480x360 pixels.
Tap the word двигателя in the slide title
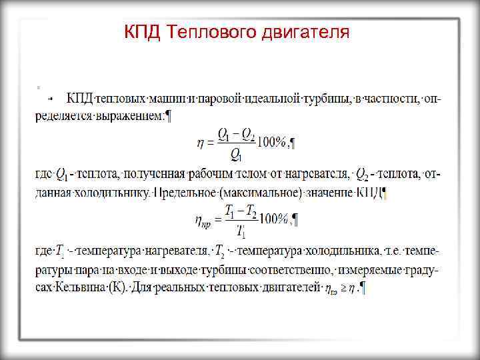click(x=305, y=32)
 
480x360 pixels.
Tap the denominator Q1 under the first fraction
click(x=235, y=155)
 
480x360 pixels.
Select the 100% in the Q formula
click(x=271, y=141)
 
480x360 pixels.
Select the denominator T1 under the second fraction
click(x=241, y=232)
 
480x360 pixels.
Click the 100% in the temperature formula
click(x=273, y=219)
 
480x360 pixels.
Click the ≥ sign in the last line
click(x=343, y=289)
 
